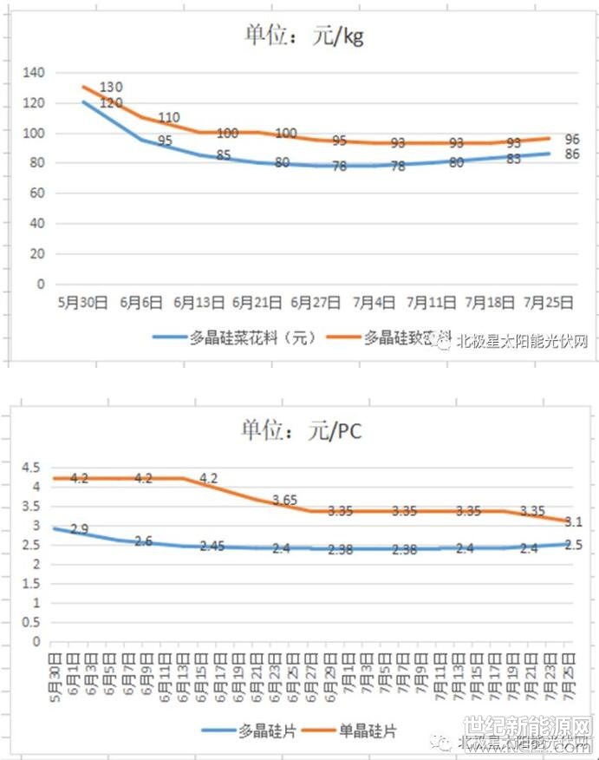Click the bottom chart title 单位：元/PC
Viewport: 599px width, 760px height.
click(x=301, y=430)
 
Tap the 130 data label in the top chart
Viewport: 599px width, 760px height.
click(x=111, y=88)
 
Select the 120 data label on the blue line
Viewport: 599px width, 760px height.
click(x=111, y=103)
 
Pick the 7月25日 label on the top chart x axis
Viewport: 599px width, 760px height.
click(x=550, y=303)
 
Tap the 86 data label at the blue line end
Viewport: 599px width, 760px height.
click(x=572, y=154)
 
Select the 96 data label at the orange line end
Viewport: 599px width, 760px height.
click(x=572, y=139)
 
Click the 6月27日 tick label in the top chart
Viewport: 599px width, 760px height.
click(x=315, y=303)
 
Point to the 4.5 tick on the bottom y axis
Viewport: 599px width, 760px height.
click(x=30, y=467)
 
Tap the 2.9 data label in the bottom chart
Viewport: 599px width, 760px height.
click(x=80, y=529)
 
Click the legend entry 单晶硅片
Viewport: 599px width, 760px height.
click(x=368, y=731)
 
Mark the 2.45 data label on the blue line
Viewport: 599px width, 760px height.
click(x=213, y=547)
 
